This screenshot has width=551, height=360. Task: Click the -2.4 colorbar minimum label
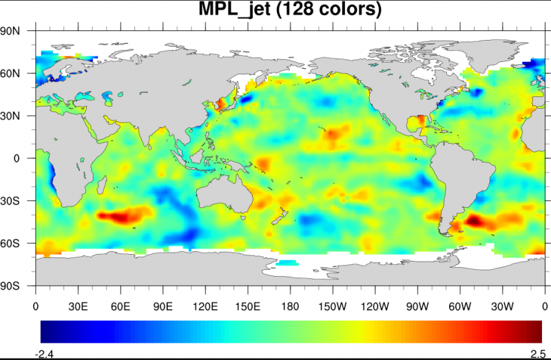tap(45, 354)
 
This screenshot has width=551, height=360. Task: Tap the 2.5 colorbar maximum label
tap(538, 354)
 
